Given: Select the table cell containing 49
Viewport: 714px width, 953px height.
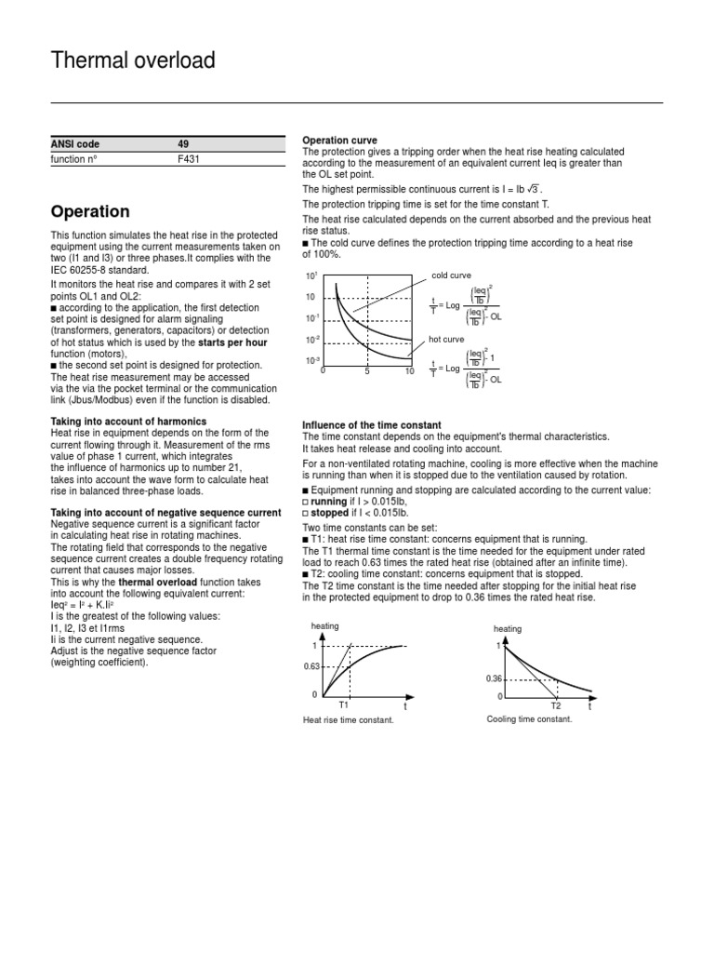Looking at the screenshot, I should point(182,144).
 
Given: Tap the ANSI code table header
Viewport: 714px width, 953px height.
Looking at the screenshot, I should point(75,144).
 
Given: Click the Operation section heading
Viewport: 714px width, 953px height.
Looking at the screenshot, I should point(90,211).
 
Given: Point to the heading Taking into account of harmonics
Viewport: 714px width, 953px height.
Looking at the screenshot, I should point(128,422).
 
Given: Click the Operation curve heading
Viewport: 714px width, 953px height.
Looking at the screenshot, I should point(338,140).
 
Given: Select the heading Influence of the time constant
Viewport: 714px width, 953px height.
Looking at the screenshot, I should point(372,425).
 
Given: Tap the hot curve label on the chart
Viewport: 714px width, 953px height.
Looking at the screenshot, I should point(446,340).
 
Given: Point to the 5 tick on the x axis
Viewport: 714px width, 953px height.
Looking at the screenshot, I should point(367,370).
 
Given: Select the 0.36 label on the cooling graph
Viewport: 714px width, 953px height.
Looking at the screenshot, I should point(494,678).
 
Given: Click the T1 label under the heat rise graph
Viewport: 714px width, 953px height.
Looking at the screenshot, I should point(343,706).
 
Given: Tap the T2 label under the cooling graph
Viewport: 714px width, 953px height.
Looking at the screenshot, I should point(556,706).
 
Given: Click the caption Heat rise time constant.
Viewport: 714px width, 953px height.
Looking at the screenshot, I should point(342,720).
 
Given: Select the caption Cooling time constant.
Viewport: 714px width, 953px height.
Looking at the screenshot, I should point(529,719).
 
